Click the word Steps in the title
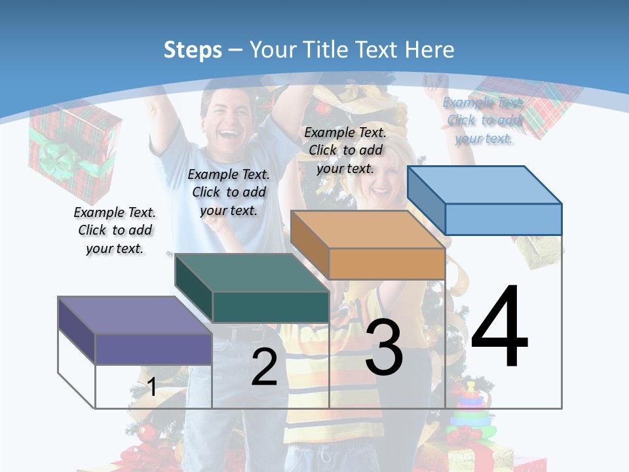click(x=193, y=50)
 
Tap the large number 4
click(x=499, y=328)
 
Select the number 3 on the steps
click(x=384, y=347)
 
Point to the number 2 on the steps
click(x=265, y=368)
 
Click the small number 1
click(x=151, y=387)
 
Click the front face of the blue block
click(x=503, y=219)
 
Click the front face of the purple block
click(x=153, y=349)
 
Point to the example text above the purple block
click(x=115, y=230)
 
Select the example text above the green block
click(x=229, y=192)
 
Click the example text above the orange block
click(x=345, y=150)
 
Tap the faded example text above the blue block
click(x=484, y=120)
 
